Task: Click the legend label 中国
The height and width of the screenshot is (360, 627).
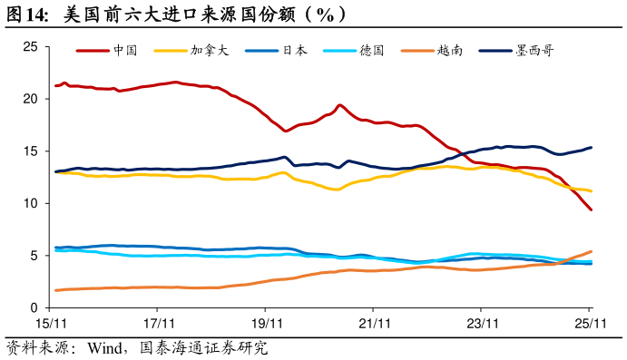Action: point(125,51)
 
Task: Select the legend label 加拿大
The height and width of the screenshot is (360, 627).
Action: point(210,51)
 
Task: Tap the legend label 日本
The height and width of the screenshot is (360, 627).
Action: point(295,51)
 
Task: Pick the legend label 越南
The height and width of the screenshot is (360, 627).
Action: point(450,51)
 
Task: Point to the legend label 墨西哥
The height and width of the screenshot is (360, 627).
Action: point(534,51)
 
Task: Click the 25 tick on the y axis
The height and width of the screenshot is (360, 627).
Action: point(30,46)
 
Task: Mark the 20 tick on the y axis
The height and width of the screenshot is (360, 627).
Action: point(30,99)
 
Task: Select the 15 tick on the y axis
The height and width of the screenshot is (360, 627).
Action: point(30,151)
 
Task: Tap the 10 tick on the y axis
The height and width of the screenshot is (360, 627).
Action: point(30,204)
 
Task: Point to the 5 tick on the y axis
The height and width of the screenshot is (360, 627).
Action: point(34,256)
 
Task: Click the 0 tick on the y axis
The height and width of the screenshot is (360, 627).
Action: point(34,308)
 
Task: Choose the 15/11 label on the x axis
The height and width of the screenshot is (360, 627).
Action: point(49,323)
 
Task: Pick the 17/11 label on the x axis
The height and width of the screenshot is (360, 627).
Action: point(157,323)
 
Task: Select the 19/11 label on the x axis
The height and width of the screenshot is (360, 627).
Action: point(265,323)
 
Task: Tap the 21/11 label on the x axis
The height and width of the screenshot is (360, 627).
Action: point(374,323)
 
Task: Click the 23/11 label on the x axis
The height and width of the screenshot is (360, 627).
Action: point(482,323)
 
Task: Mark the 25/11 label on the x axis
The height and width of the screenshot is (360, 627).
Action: point(589,323)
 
